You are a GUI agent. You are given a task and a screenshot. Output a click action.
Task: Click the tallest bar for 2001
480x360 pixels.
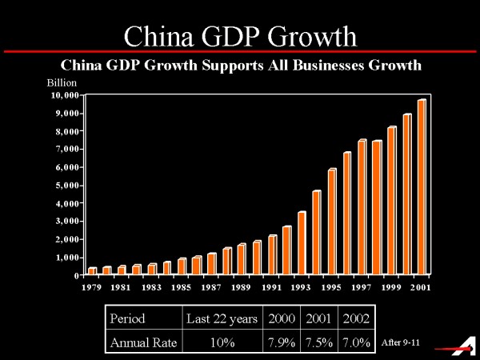tap(421, 187)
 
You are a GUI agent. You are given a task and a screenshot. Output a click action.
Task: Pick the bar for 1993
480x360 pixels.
tap(301, 243)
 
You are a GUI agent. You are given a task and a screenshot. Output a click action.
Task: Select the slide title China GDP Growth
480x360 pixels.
tap(240, 36)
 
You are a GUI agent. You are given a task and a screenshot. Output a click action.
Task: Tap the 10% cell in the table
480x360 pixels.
tap(221, 343)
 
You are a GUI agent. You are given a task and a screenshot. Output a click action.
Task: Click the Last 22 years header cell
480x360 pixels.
tap(222, 318)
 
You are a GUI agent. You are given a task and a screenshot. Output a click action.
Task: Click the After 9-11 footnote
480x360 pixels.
tap(402, 343)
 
